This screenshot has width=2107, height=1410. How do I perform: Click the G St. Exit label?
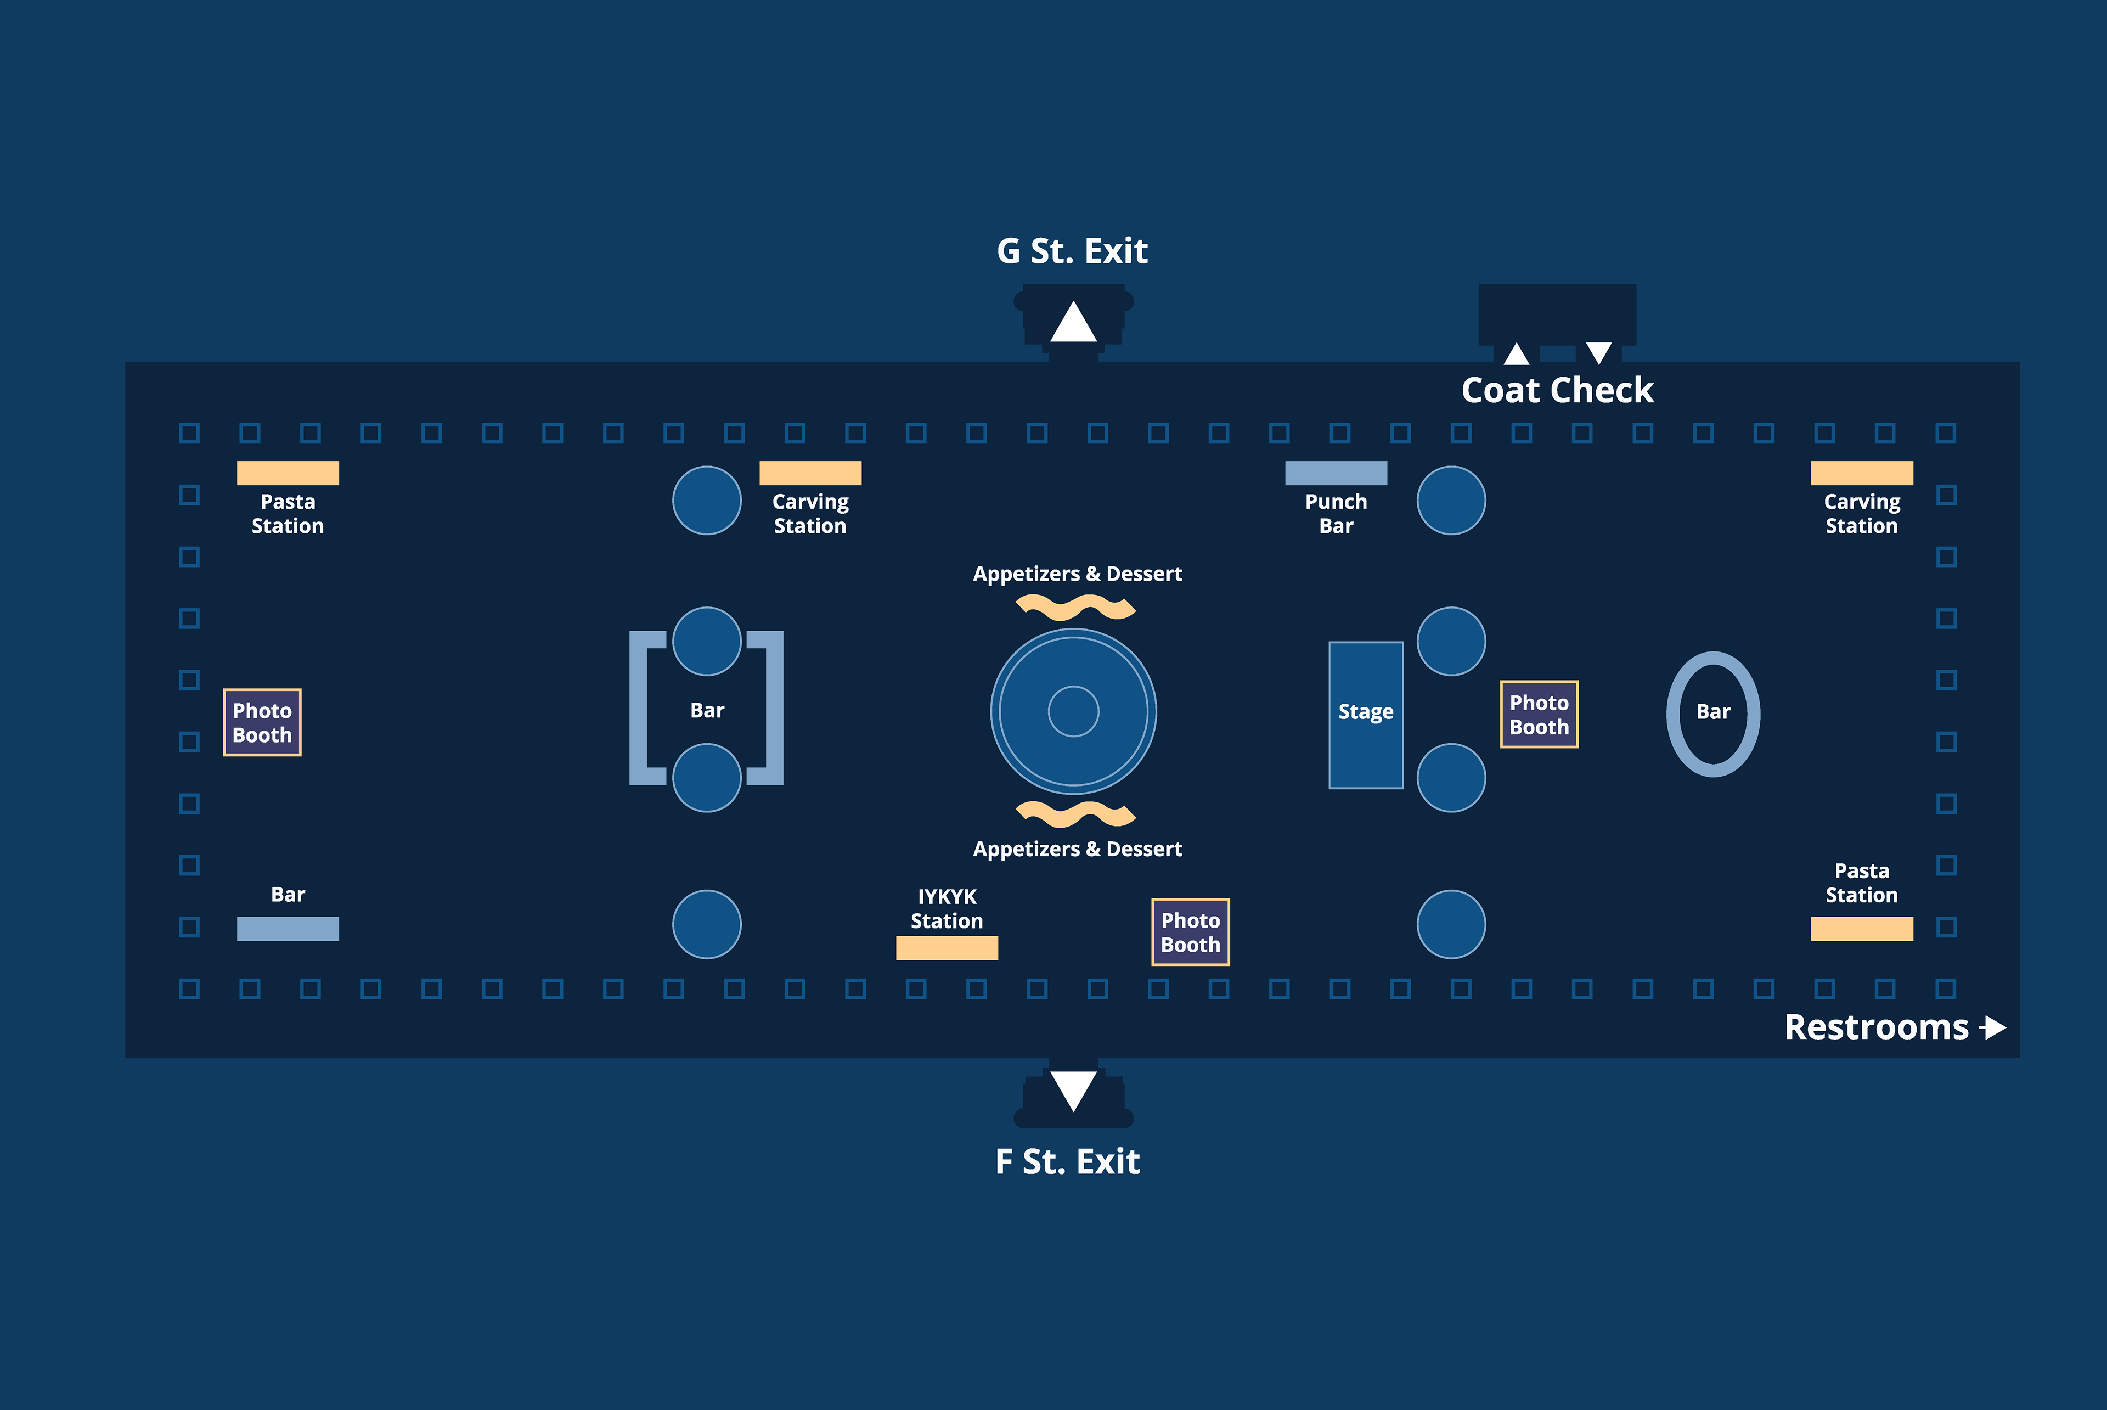tap(1072, 251)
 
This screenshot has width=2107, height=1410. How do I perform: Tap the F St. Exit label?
tap(1067, 1162)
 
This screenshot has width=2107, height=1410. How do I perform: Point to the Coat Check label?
tap(1557, 390)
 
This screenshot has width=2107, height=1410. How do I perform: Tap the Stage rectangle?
tap(1365, 715)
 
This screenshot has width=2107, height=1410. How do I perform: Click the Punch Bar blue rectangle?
tap(1336, 473)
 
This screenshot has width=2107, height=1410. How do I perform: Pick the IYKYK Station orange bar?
tap(947, 948)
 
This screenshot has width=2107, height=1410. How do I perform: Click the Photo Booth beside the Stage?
tap(1539, 715)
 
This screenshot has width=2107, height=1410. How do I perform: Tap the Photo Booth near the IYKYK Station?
tap(1190, 932)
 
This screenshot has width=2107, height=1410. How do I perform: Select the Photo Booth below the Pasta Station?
tap(262, 723)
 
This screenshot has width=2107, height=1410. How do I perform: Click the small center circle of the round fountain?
tap(1073, 711)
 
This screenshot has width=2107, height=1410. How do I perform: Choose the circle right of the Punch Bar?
tap(1451, 500)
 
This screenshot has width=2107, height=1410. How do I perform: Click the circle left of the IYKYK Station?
tap(707, 924)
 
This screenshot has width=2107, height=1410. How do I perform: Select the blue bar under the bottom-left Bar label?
tap(288, 929)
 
